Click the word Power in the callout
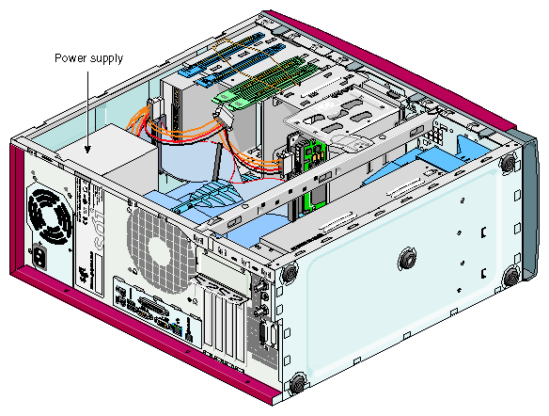[68, 57]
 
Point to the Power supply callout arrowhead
[87, 149]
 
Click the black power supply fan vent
[50, 217]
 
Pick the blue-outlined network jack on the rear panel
[178, 329]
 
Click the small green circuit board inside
[311, 154]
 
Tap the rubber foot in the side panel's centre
[407, 260]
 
